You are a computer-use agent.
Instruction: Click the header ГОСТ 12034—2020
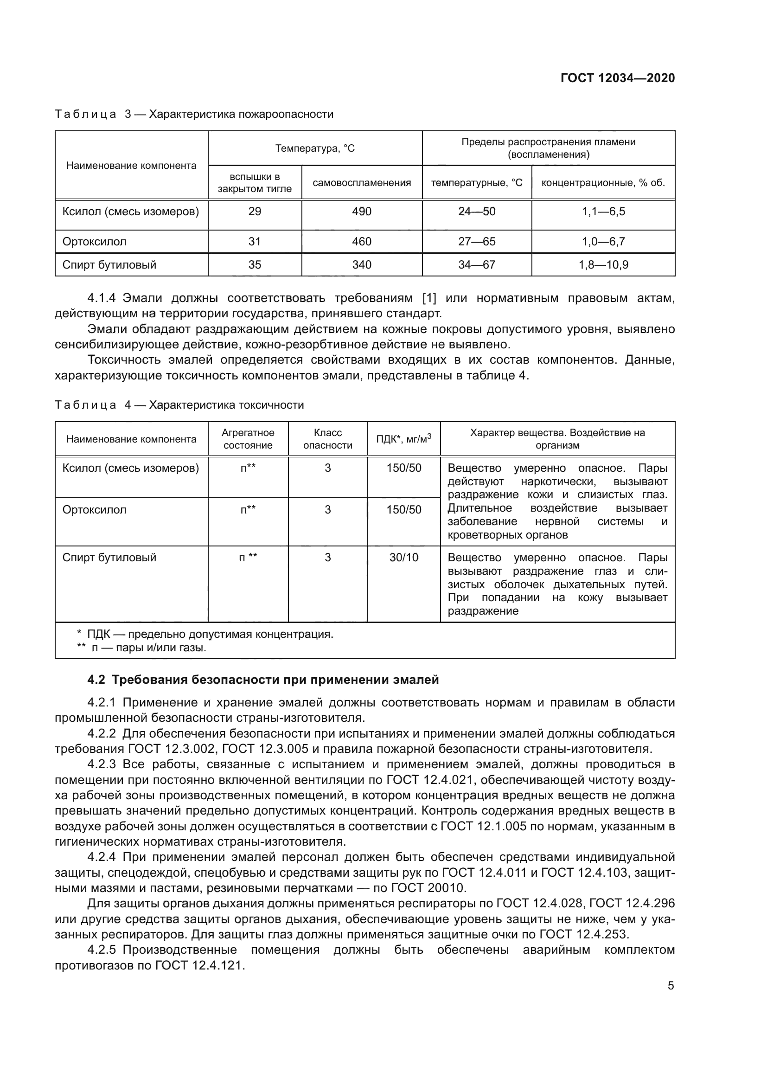point(617,78)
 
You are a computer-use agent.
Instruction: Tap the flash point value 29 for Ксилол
point(255,211)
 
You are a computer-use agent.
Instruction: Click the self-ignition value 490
point(361,211)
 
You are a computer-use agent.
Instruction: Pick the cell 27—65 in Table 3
point(477,242)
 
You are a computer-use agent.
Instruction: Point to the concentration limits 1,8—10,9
point(603,264)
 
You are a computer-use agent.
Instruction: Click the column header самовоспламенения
point(361,183)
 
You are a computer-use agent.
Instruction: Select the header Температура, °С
point(314,148)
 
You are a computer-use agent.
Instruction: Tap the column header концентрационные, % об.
point(603,183)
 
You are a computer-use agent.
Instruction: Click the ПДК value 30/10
point(403,558)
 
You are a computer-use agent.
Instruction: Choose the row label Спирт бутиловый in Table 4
point(109,558)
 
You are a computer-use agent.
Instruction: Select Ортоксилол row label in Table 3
point(94,242)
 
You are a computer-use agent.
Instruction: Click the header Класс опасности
point(327,439)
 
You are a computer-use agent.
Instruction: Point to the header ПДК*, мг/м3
point(403,439)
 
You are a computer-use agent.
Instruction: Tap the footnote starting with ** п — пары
point(142,648)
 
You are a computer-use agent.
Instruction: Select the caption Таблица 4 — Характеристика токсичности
point(179,405)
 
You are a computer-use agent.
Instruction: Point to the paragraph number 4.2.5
point(102,950)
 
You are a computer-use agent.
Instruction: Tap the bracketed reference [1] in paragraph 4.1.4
point(429,298)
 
